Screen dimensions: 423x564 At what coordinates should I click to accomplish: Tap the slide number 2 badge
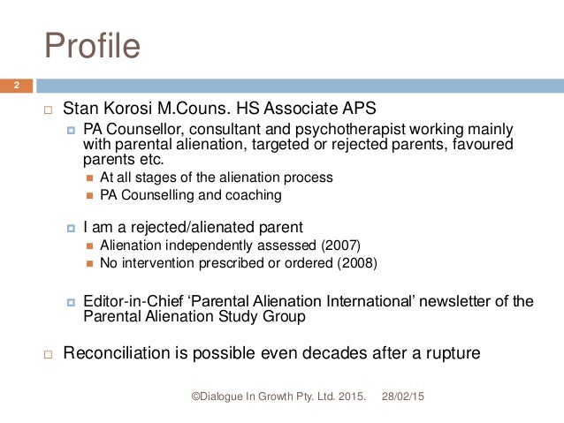15,86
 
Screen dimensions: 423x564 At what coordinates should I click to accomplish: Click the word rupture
451,353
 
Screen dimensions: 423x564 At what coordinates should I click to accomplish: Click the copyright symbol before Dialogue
196,399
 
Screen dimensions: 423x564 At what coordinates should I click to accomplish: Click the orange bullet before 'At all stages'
89,178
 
